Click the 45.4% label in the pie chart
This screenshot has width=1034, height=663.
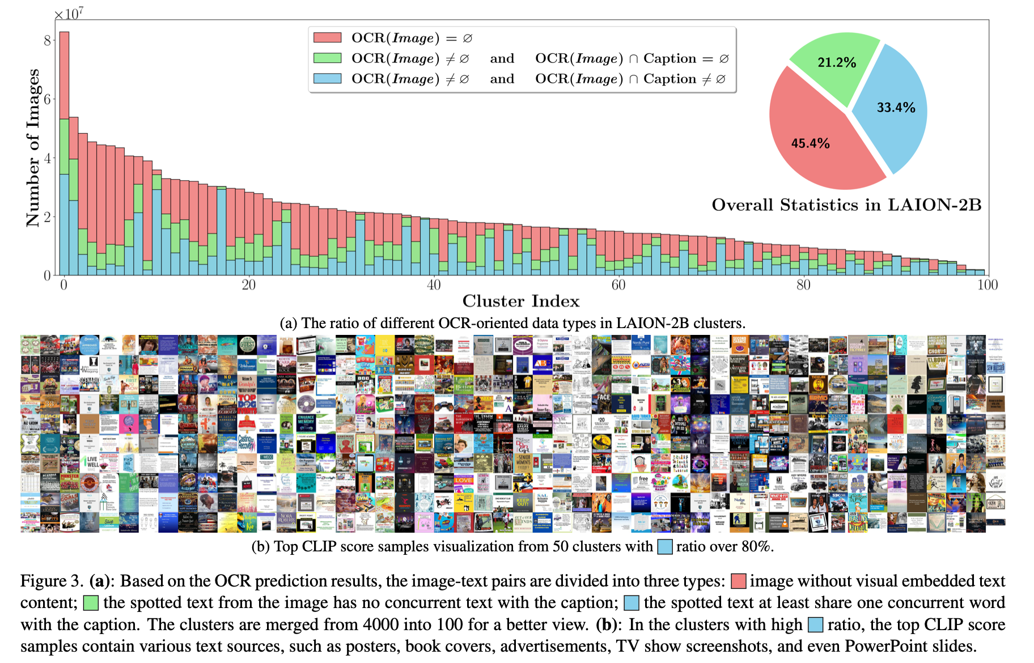click(810, 143)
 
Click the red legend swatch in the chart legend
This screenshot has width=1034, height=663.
click(328, 37)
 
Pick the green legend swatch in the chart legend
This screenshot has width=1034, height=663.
click(328, 58)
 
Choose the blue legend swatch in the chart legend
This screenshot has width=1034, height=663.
click(328, 78)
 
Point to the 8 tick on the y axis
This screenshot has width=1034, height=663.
click(47, 40)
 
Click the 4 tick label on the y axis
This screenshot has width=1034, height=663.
click(47, 158)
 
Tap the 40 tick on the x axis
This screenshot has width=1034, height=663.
click(434, 284)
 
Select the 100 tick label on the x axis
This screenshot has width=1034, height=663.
click(988, 284)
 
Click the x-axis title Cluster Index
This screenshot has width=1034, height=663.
click(521, 301)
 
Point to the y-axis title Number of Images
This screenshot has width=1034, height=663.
click(33, 148)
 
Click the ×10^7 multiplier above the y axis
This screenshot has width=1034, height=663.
click(69, 14)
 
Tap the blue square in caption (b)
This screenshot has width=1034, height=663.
click(665, 547)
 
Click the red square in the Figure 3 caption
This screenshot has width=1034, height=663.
click(738, 581)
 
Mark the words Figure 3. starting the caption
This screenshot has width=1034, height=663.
click(52, 581)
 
